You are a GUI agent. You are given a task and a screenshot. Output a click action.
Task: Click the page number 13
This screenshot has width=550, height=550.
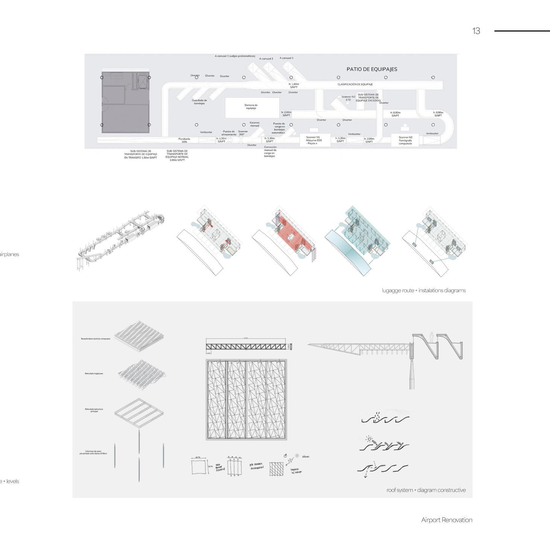click(x=476, y=31)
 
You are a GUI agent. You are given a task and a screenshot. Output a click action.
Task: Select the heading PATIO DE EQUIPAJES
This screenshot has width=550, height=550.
click(x=372, y=69)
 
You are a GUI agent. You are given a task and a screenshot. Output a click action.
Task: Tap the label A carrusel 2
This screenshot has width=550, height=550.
click(x=266, y=59)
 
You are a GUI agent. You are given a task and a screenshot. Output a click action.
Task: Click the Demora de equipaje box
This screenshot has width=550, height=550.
click(x=252, y=107)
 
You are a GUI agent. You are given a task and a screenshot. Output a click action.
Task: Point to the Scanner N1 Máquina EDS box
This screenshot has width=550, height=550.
click(x=314, y=140)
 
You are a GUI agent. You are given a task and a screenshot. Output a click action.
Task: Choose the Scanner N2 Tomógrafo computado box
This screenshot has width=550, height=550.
click(x=405, y=140)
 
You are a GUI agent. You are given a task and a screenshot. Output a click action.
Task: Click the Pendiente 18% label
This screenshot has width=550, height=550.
click(x=184, y=140)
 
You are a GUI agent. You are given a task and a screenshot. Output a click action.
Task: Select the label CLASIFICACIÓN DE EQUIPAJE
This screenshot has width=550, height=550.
click(x=355, y=85)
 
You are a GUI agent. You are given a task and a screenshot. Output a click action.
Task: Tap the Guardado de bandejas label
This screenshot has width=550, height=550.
click(x=199, y=102)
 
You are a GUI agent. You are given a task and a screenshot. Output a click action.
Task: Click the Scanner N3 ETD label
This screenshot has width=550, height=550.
click(x=348, y=98)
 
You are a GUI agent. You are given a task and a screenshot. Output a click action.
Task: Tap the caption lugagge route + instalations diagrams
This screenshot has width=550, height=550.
click(x=424, y=291)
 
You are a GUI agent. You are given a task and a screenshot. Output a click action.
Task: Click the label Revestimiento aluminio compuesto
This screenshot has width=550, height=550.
click(x=96, y=339)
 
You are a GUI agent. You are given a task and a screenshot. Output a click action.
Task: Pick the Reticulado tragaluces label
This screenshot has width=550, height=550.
click(x=94, y=373)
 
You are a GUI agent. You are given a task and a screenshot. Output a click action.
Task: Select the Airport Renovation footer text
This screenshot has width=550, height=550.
click(x=446, y=520)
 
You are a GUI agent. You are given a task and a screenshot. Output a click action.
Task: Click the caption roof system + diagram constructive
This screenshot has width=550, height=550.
click(x=426, y=490)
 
